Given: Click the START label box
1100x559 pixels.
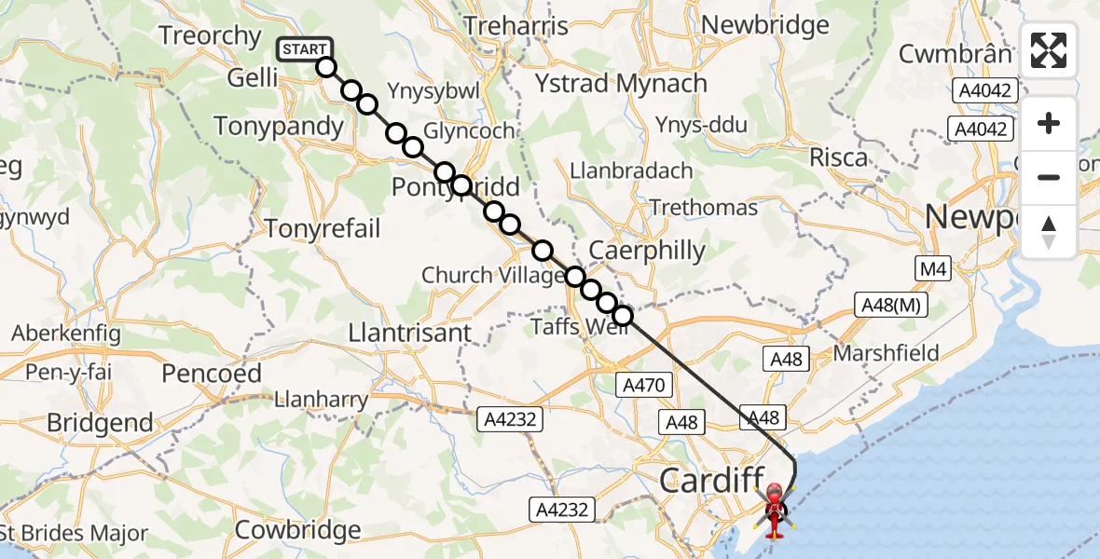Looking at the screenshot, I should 304,49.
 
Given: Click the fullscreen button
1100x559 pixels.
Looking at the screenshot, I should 1049,50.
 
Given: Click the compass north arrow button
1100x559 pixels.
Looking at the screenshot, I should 1049,232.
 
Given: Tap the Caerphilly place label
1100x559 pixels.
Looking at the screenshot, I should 648,251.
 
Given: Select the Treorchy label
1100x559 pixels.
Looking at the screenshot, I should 210,36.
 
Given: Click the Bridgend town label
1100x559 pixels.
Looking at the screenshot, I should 100,422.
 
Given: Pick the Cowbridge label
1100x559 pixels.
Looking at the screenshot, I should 297,531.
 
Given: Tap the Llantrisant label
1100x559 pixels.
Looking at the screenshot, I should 409,333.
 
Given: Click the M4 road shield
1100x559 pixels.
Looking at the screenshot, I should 932,270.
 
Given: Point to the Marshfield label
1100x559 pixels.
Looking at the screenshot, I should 886,354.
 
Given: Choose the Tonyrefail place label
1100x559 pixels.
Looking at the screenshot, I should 323,228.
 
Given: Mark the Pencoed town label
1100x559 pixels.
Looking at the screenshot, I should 212,374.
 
